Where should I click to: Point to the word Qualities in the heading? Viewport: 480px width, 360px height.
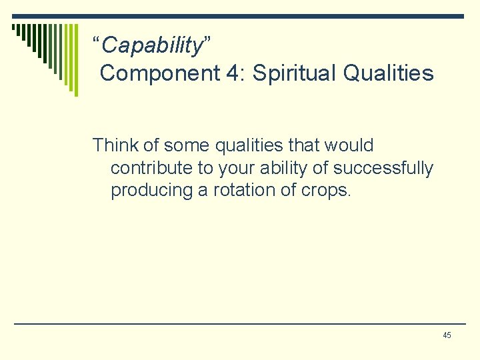coord(389,73)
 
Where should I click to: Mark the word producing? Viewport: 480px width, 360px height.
coord(151,190)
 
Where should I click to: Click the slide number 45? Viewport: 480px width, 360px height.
coord(447,335)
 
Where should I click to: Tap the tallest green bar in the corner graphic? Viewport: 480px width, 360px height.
coord(75,60)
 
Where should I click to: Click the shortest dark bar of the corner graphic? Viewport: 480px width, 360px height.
coord(14,27)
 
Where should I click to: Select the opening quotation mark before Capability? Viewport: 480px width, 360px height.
coord(97,43)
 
